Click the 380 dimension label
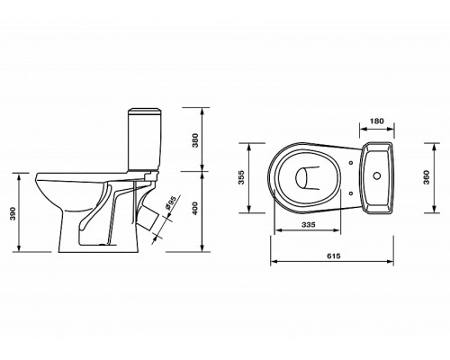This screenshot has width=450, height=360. point(195,139)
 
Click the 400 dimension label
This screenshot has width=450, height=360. point(195,209)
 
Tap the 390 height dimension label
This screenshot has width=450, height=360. point(13,213)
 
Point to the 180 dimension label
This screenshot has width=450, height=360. point(376,121)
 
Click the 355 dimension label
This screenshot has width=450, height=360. point(241,177)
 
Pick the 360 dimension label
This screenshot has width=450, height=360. point(427,177)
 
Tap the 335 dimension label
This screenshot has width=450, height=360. point(308,224)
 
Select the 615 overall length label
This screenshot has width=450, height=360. point(334,256)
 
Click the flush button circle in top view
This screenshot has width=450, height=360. point(377,175)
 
